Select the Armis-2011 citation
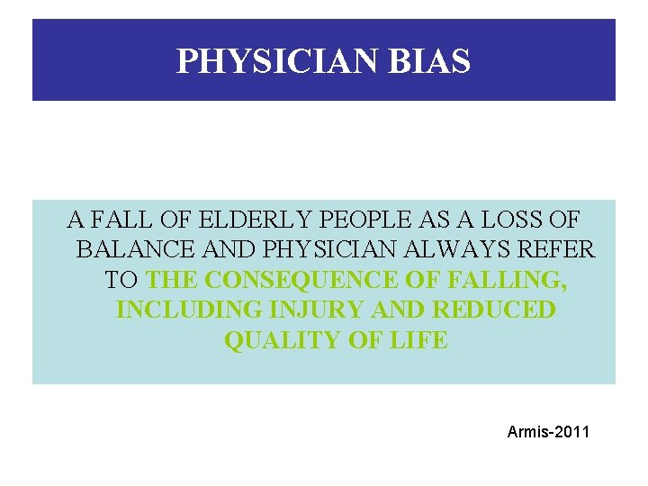tap(548, 433)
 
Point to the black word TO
tap(121, 280)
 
